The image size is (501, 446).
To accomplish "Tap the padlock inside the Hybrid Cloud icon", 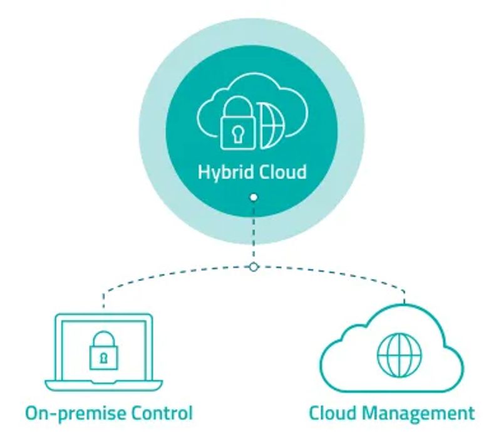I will [x=239, y=125].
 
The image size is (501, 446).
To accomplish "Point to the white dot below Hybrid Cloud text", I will [x=253, y=198].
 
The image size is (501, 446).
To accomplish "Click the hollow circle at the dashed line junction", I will [x=253, y=267].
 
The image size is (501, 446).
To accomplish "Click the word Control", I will [x=163, y=413].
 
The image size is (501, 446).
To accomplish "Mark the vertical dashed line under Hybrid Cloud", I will [x=253, y=232].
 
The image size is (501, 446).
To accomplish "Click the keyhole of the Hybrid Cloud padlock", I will [x=239, y=132].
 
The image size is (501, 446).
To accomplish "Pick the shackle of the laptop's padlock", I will [x=103, y=339].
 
